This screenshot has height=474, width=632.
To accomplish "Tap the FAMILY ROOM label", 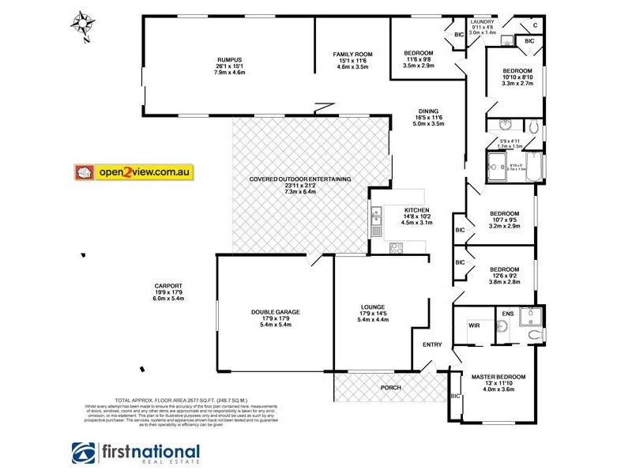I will coord(352,55).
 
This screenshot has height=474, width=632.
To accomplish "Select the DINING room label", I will coord(428,111).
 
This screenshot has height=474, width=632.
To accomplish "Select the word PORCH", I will coord(390,388).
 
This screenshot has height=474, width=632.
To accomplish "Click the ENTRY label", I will coord(432,344).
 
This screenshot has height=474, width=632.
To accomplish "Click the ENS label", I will coord(507,314).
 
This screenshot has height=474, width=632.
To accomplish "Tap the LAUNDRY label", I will coord(482,23).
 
